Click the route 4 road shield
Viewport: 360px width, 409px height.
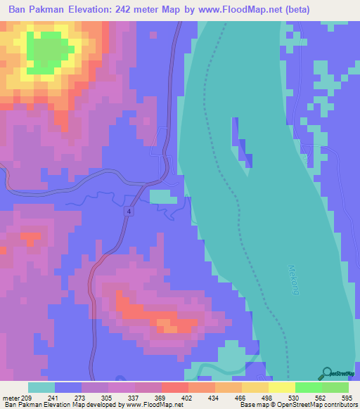point(130,211)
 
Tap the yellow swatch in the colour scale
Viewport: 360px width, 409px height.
point(281,387)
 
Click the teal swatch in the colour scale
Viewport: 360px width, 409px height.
point(41,387)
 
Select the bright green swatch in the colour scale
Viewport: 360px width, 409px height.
point(308,387)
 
